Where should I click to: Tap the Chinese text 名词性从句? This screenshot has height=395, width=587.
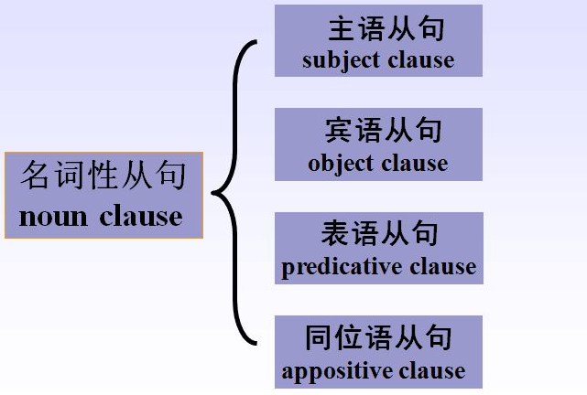pos(103,175)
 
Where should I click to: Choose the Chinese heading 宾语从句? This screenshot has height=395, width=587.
pos(383,131)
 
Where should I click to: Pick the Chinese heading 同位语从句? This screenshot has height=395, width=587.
pos(379,337)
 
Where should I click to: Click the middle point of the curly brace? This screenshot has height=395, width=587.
pos(216,193)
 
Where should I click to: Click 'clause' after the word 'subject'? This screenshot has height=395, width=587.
pos(420,60)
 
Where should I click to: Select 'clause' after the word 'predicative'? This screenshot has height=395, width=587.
pos(443,267)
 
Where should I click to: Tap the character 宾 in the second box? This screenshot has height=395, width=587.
pos(339,131)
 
